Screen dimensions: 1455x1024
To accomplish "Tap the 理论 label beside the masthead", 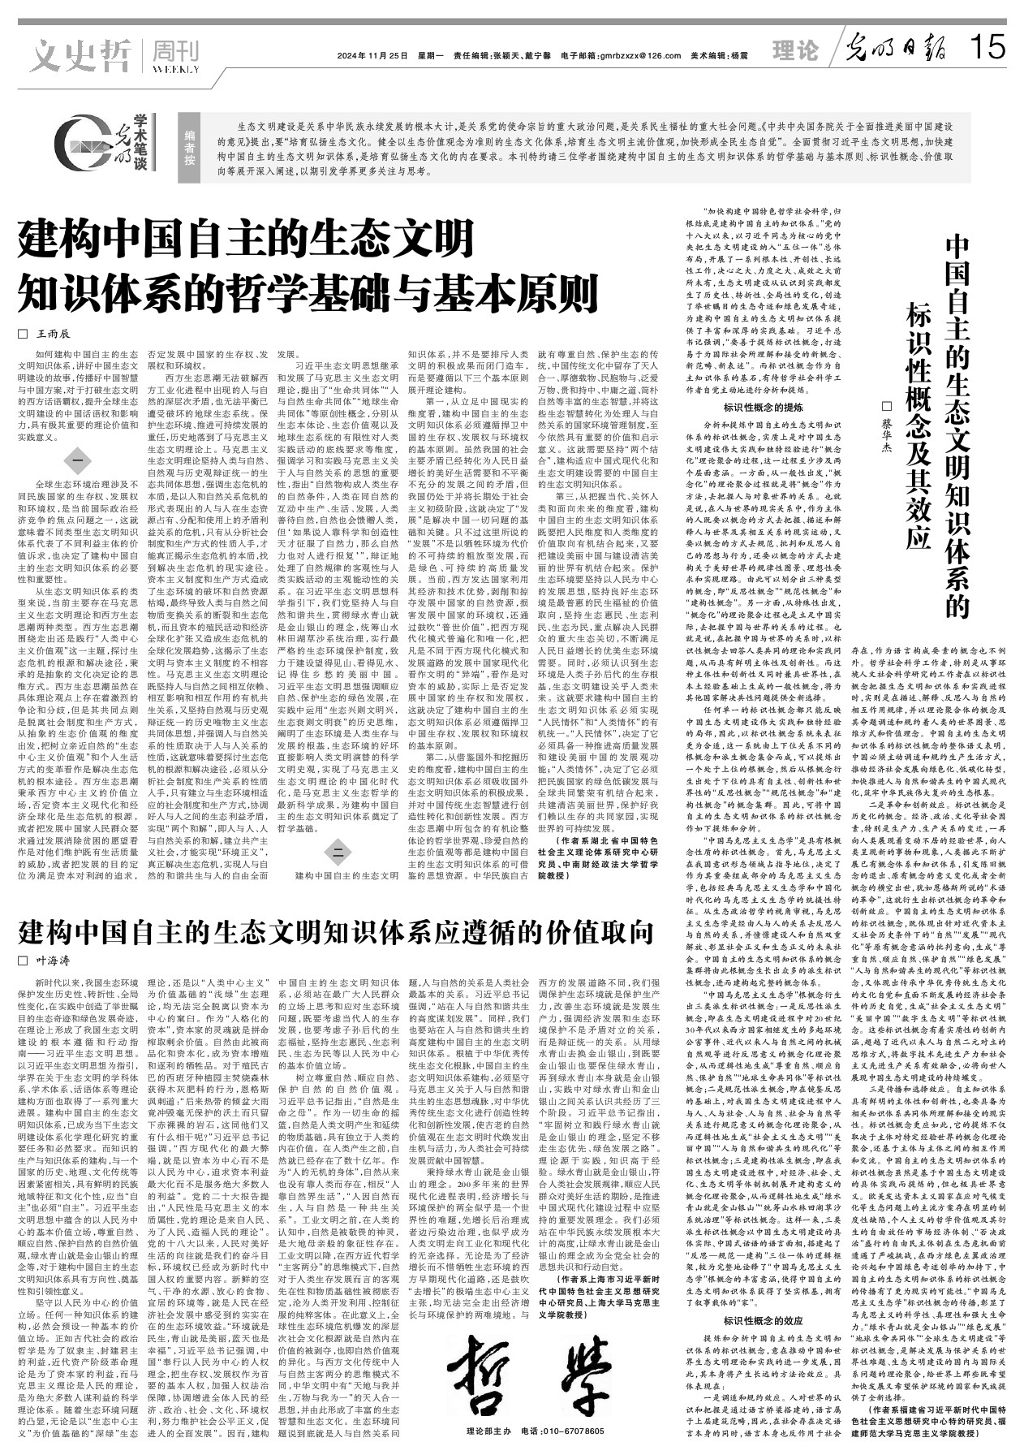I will (x=795, y=51).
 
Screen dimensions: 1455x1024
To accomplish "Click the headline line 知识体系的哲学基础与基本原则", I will (x=308, y=289).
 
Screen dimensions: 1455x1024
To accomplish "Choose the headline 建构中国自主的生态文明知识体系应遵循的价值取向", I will (x=336, y=931).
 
